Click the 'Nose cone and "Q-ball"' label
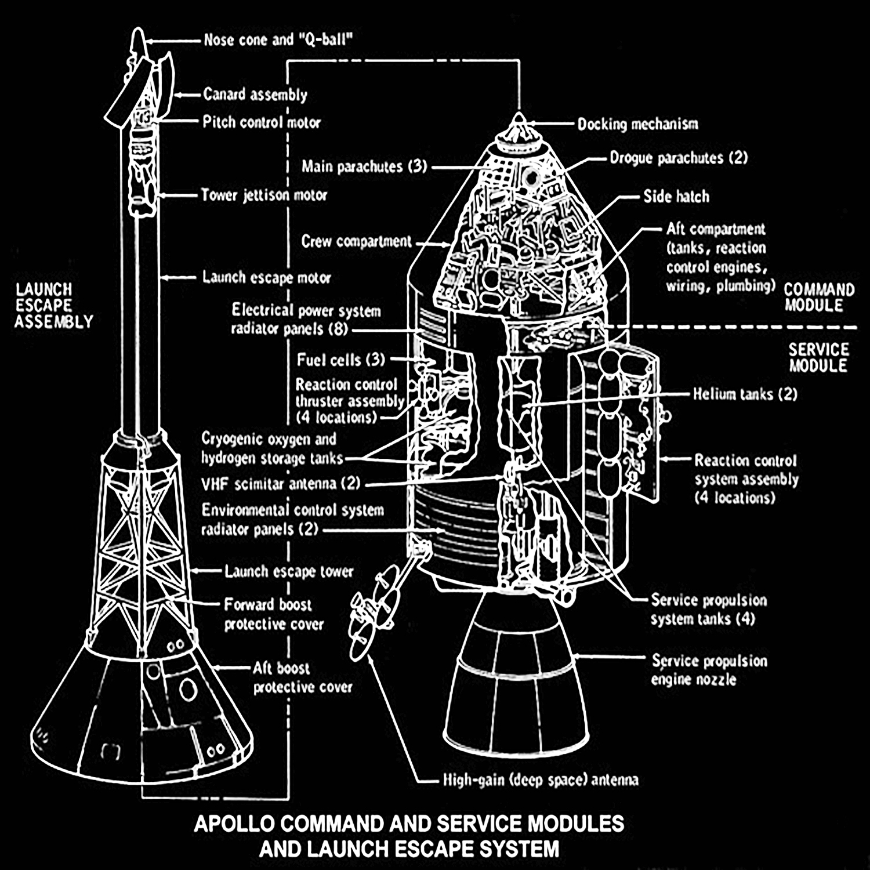coord(278,40)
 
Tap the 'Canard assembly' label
coord(255,95)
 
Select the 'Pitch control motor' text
coord(261,122)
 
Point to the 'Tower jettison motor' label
coord(264,195)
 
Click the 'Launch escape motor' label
coord(266,278)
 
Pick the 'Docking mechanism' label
coord(637,124)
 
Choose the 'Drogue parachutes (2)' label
coord(678,158)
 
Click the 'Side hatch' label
coord(676,197)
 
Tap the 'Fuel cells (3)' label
coord(341,360)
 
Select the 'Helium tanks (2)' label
coord(745,394)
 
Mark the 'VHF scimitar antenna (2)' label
coord(281,483)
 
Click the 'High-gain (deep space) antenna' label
coord(541,780)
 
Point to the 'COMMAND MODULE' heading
coord(818,297)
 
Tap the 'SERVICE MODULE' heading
coord(818,357)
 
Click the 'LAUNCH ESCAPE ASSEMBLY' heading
coord(53,305)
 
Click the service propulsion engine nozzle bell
coord(516,684)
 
